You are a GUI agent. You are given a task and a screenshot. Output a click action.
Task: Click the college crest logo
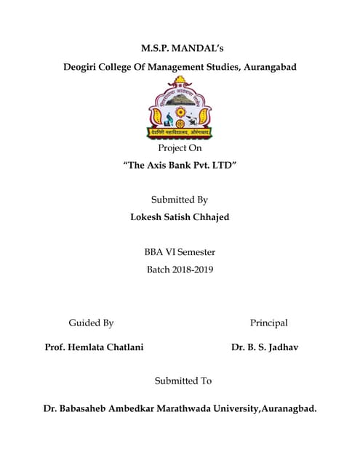pyautogui.click(x=180, y=110)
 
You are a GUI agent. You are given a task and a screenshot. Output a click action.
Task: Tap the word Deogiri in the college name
pyautogui.click(x=84, y=68)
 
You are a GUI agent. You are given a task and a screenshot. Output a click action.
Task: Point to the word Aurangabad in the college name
pyautogui.click(x=267, y=68)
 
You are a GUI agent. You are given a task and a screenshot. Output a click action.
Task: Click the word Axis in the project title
pyautogui.click(x=160, y=166)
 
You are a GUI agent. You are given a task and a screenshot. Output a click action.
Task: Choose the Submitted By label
pyautogui.click(x=180, y=200)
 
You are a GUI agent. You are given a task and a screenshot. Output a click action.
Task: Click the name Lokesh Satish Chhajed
pyautogui.click(x=180, y=217)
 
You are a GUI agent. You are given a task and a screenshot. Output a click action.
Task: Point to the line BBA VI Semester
pyautogui.click(x=180, y=253)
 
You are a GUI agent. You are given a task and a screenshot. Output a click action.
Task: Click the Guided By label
pyautogui.click(x=91, y=323)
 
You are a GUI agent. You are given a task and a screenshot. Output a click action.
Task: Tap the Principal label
pyautogui.click(x=269, y=323)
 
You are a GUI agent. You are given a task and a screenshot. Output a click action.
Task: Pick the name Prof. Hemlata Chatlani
pyautogui.click(x=94, y=347)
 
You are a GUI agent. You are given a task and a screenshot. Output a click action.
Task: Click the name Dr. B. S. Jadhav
pyautogui.click(x=265, y=347)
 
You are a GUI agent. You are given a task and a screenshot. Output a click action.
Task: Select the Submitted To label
pyautogui.click(x=183, y=381)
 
